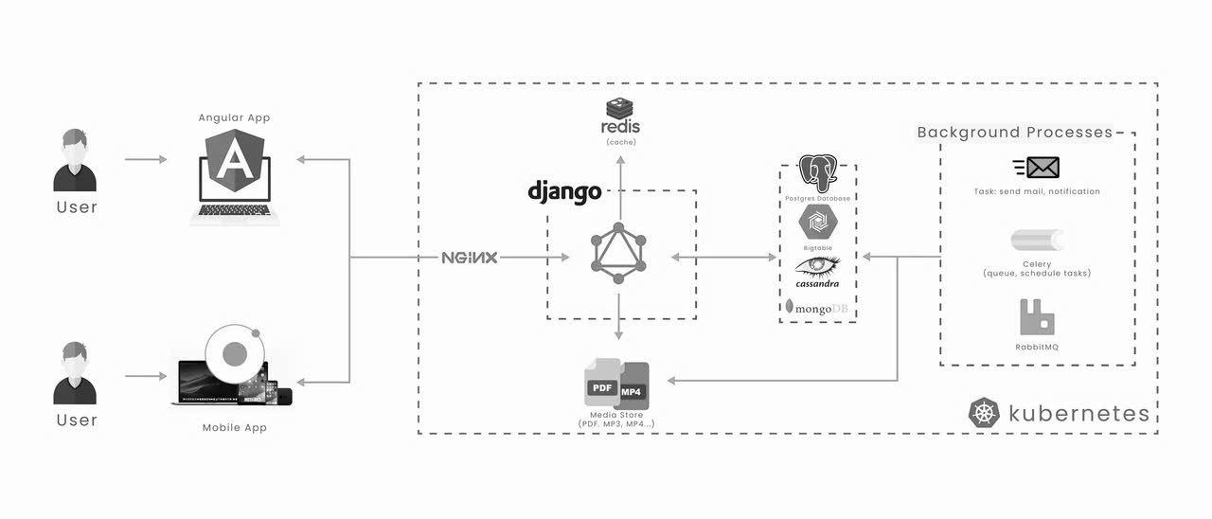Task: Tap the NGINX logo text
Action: [x=470, y=258]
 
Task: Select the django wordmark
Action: [x=564, y=192]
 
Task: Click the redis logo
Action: [x=620, y=117]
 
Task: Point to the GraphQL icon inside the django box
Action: [x=619, y=253]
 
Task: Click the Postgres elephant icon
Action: [x=819, y=173]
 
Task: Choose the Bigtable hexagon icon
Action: [x=818, y=224]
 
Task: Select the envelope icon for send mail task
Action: [x=1036, y=169]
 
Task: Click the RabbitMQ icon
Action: [x=1036, y=316]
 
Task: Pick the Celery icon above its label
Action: [x=1036, y=241]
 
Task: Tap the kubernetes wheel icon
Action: [x=984, y=413]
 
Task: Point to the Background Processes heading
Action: [x=1014, y=133]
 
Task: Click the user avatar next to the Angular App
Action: [x=74, y=162]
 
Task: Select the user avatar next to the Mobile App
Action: [x=74, y=374]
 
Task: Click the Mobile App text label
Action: [x=234, y=428]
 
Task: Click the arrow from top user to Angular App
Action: [x=146, y=160]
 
